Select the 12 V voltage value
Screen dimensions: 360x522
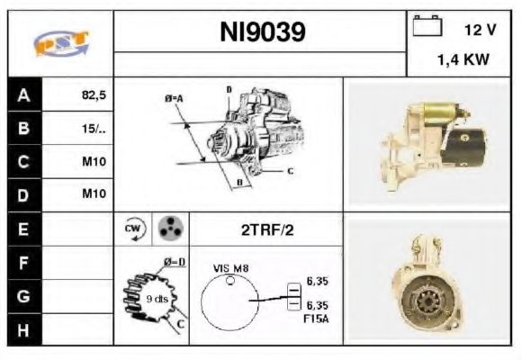point(481,30)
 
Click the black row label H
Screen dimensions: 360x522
point(22,329)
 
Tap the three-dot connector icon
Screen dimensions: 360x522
point(167,229)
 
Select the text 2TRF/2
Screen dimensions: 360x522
point(266,229)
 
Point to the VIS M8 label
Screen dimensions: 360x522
point(230,268)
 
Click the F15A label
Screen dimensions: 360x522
point(316,319)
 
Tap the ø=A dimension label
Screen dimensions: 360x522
point(174,97)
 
